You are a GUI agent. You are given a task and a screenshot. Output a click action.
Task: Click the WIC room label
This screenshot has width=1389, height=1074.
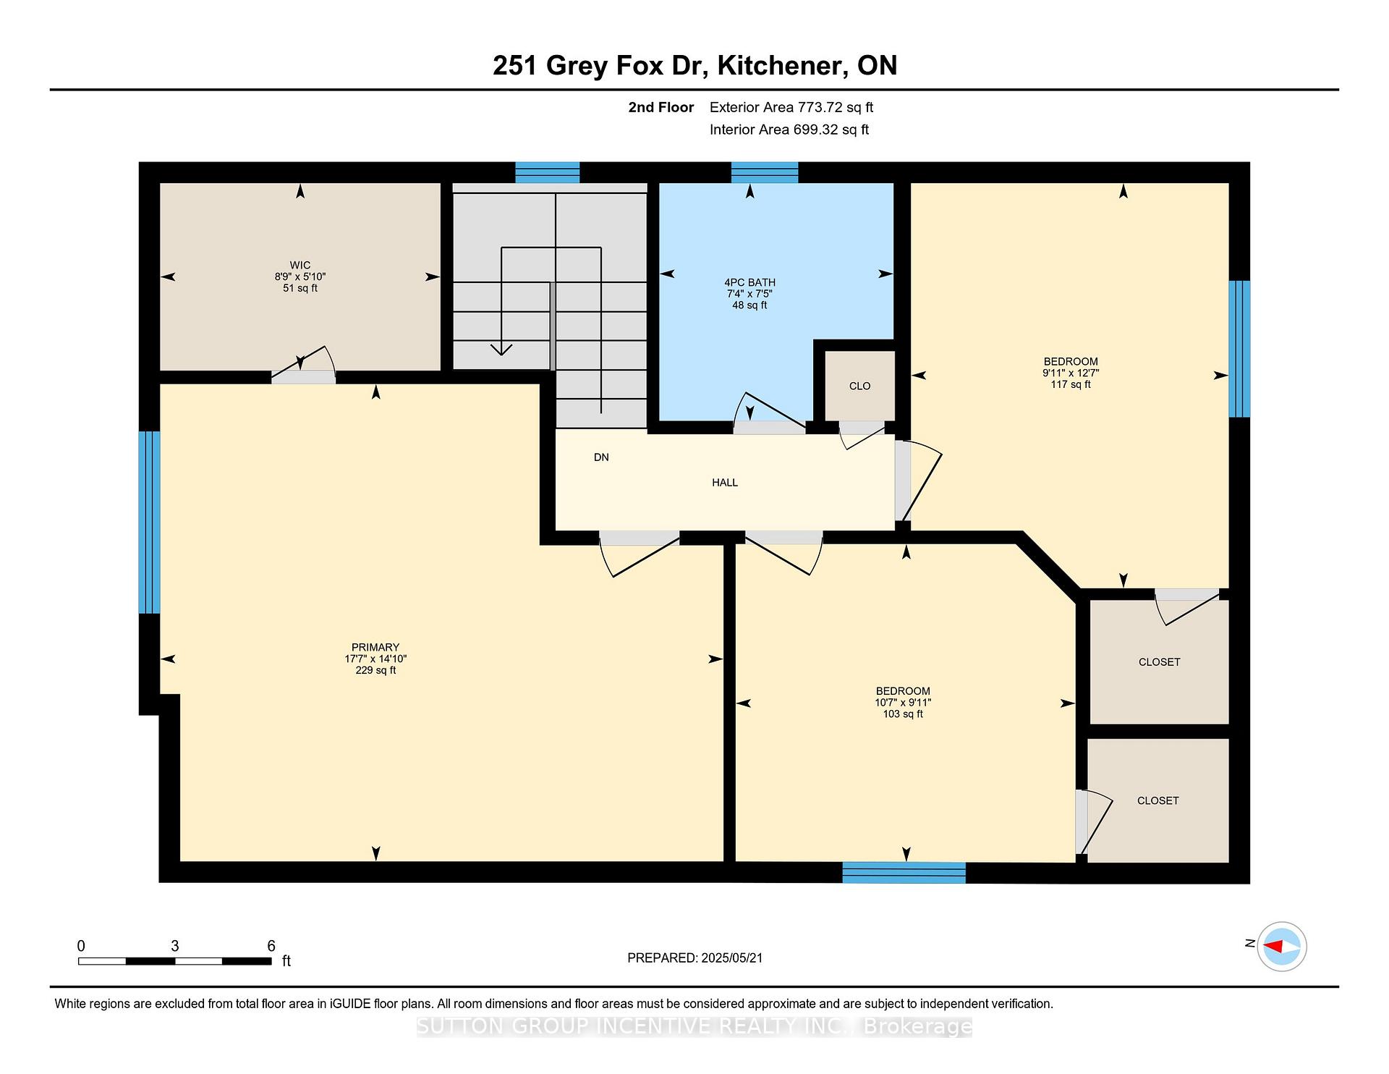point(300,266)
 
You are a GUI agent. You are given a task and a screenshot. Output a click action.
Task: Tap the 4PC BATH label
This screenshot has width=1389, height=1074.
point(749,283)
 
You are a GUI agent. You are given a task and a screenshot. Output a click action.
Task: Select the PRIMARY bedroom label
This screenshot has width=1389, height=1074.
point(375,648)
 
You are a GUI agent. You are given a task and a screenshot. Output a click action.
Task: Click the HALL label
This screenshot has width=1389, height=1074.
point(725,483)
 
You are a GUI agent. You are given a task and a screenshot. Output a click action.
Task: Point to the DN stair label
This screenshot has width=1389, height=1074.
point(601,457)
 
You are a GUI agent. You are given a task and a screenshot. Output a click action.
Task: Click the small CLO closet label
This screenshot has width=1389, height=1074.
point(860,386)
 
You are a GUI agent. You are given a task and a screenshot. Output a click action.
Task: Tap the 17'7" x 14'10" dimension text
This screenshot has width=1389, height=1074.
point(375,659)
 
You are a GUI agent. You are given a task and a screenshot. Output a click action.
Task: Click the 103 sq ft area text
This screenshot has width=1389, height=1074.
point(903,714)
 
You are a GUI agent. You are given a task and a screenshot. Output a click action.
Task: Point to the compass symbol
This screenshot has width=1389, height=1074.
point(1282,946)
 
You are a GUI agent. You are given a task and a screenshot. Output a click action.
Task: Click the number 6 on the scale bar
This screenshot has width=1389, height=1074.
point(271,946)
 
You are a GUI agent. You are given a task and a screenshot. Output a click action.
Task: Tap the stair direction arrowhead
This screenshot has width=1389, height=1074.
point(501,350)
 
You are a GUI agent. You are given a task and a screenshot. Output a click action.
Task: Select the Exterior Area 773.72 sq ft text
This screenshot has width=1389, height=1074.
point(791,108)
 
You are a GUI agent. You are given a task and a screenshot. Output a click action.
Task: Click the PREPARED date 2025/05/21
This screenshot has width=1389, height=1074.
point(732,958)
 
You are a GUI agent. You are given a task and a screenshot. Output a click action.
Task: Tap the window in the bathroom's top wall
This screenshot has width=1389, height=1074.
point(765,173)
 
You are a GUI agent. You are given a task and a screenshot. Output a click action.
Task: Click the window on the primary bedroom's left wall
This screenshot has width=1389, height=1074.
point(149,523)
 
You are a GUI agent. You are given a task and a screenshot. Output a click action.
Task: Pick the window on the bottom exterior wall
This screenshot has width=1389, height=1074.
point(904,873)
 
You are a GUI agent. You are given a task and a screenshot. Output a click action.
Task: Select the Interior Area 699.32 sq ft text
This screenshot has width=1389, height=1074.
point(789,130)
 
